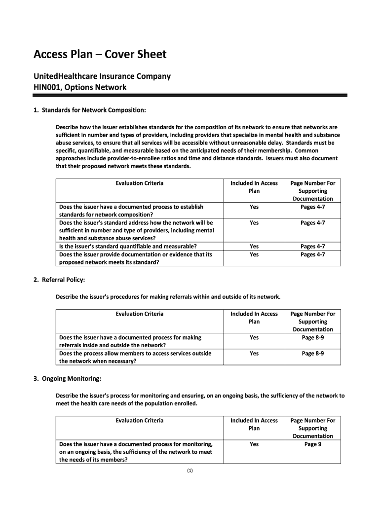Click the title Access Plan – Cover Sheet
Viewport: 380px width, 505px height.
coord(100,54)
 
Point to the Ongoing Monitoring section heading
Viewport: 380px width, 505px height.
coord(71,379)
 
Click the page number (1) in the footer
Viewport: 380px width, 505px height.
coord(190,471)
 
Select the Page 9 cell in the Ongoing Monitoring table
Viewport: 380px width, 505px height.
coord(312,444)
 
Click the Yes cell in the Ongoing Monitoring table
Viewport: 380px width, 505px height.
coord(254,444)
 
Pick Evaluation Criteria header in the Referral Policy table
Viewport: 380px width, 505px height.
coord(139,314)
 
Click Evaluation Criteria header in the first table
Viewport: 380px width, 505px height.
coord(139,183)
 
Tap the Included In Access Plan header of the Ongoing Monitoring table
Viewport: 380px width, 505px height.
coord(254,424)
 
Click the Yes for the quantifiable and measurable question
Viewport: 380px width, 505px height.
coord(254,247)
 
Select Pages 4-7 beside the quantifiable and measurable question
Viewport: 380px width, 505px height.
coord(312,247)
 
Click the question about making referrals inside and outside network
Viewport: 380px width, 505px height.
coord(130,341)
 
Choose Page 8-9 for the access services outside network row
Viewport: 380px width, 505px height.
coord(312,354)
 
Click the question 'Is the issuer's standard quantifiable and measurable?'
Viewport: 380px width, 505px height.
coord(128,247)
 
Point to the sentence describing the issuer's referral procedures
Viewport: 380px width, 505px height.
coord(168,297)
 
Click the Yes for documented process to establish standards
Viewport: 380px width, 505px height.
coord(254,207)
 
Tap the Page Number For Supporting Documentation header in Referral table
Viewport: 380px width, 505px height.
coord(312,322)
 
